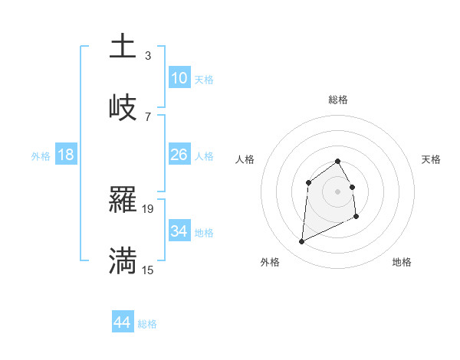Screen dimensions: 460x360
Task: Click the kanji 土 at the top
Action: [x=123, y=46]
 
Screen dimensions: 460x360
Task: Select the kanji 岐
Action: [x=123, y=107]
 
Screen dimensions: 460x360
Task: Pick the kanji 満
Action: [x=123, y=260]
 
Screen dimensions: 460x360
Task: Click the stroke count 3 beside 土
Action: [x=148, y=56]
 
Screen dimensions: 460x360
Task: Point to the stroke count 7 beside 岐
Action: [x=148, y=117]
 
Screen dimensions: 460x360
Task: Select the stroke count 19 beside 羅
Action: [x=148, y=208]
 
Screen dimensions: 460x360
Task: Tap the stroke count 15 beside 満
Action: [x=148, y=270]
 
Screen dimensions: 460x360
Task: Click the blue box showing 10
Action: [x=179, y=78]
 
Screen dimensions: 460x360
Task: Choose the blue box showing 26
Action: [x=179, y=155]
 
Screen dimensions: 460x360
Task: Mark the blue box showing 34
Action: [x=179, y=231]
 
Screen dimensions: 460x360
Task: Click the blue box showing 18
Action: [x=66, y=155]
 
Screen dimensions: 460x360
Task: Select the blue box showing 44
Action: [x=123, y=322]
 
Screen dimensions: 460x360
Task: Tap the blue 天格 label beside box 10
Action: [x=204, y=80]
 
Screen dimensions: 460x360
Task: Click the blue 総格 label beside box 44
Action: [x=148, y=324]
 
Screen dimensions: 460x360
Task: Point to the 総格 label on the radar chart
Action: [x=337, y=100]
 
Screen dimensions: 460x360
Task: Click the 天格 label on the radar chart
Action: [x=431, y=159]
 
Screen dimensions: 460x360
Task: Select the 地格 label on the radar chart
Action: [x=402, y=262]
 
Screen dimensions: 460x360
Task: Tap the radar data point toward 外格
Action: [x=301, y=242]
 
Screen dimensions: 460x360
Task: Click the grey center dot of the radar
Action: [x=337, y=191]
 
